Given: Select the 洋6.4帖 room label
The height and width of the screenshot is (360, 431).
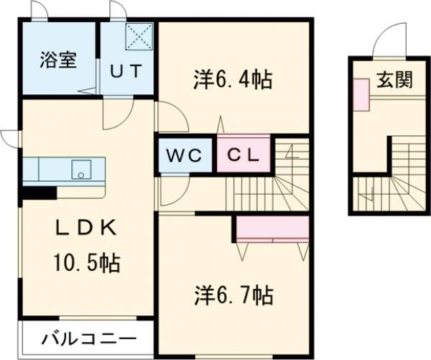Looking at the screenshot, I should coord(232,80).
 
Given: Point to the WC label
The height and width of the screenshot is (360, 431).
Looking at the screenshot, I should coord(185,155).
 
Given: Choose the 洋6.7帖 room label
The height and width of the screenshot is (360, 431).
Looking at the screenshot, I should coord(232,294).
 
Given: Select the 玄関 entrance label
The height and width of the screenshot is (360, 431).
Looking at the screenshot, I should coord(393,79).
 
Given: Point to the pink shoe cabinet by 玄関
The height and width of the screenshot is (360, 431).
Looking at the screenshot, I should coord(361,93).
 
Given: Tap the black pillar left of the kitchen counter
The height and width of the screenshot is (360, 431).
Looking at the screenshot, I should coord(40,192).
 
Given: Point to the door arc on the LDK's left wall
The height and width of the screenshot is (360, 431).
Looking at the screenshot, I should coord(10,137).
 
